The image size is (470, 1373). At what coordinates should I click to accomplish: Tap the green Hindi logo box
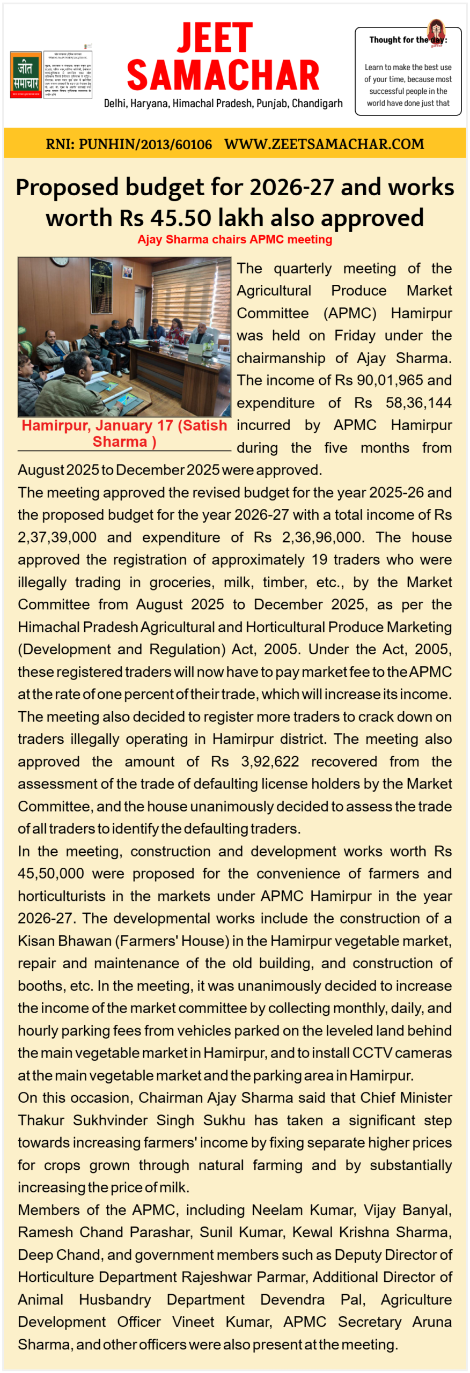click(x=26, y=75)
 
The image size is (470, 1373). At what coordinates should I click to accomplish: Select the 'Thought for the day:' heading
click(x=408, y=40)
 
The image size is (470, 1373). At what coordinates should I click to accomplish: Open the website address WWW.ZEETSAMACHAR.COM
click(x=324, y=144)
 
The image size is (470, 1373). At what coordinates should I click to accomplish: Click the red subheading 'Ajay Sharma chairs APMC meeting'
click(x=234, y=240)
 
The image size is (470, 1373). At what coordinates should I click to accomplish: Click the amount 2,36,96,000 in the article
click(x=322, y=537)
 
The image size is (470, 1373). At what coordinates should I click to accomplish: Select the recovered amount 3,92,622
click(x=270, y=762)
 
